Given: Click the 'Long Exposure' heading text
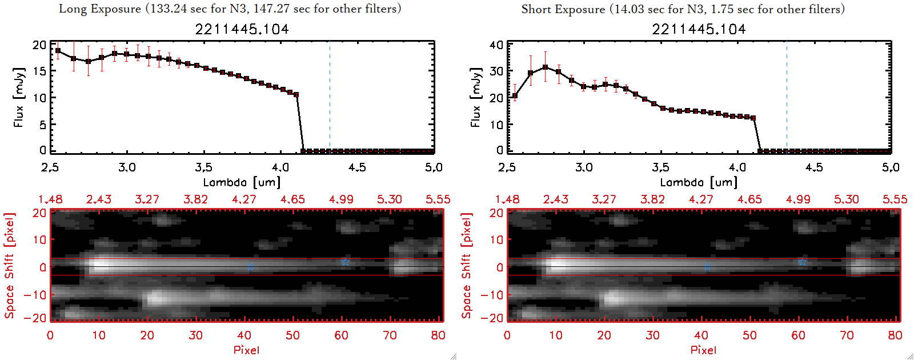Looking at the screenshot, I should click(x=100, y=9).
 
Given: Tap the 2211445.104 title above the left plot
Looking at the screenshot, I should click(x=242, y=29).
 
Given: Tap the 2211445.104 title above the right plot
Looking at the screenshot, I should click(x=699, y=29).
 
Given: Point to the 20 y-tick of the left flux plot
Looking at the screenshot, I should click(x=39, y=45).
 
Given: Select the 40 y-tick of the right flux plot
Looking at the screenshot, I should click(x=496, y=45).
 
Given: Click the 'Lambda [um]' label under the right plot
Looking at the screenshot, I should click(x=699, y=182).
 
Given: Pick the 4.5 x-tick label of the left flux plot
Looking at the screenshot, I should click(x=357, y=167).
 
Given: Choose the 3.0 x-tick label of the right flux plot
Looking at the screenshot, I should click(x=584, y=167).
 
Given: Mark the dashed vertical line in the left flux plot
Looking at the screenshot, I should click(x=330, y=97).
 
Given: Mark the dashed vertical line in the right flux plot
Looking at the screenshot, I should click(x=787, y=97).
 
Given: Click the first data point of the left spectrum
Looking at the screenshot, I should click(x=58, y=50).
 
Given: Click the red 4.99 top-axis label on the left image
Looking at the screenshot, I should click(x=341, y=199).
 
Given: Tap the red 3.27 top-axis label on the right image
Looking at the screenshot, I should click(x=604, y=199).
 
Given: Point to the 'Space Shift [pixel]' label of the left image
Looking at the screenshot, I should click(x=10, y=266).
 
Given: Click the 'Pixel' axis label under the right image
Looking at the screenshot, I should click(x=703, y=350).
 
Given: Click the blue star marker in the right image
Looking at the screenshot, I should click(x=802, y=262).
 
